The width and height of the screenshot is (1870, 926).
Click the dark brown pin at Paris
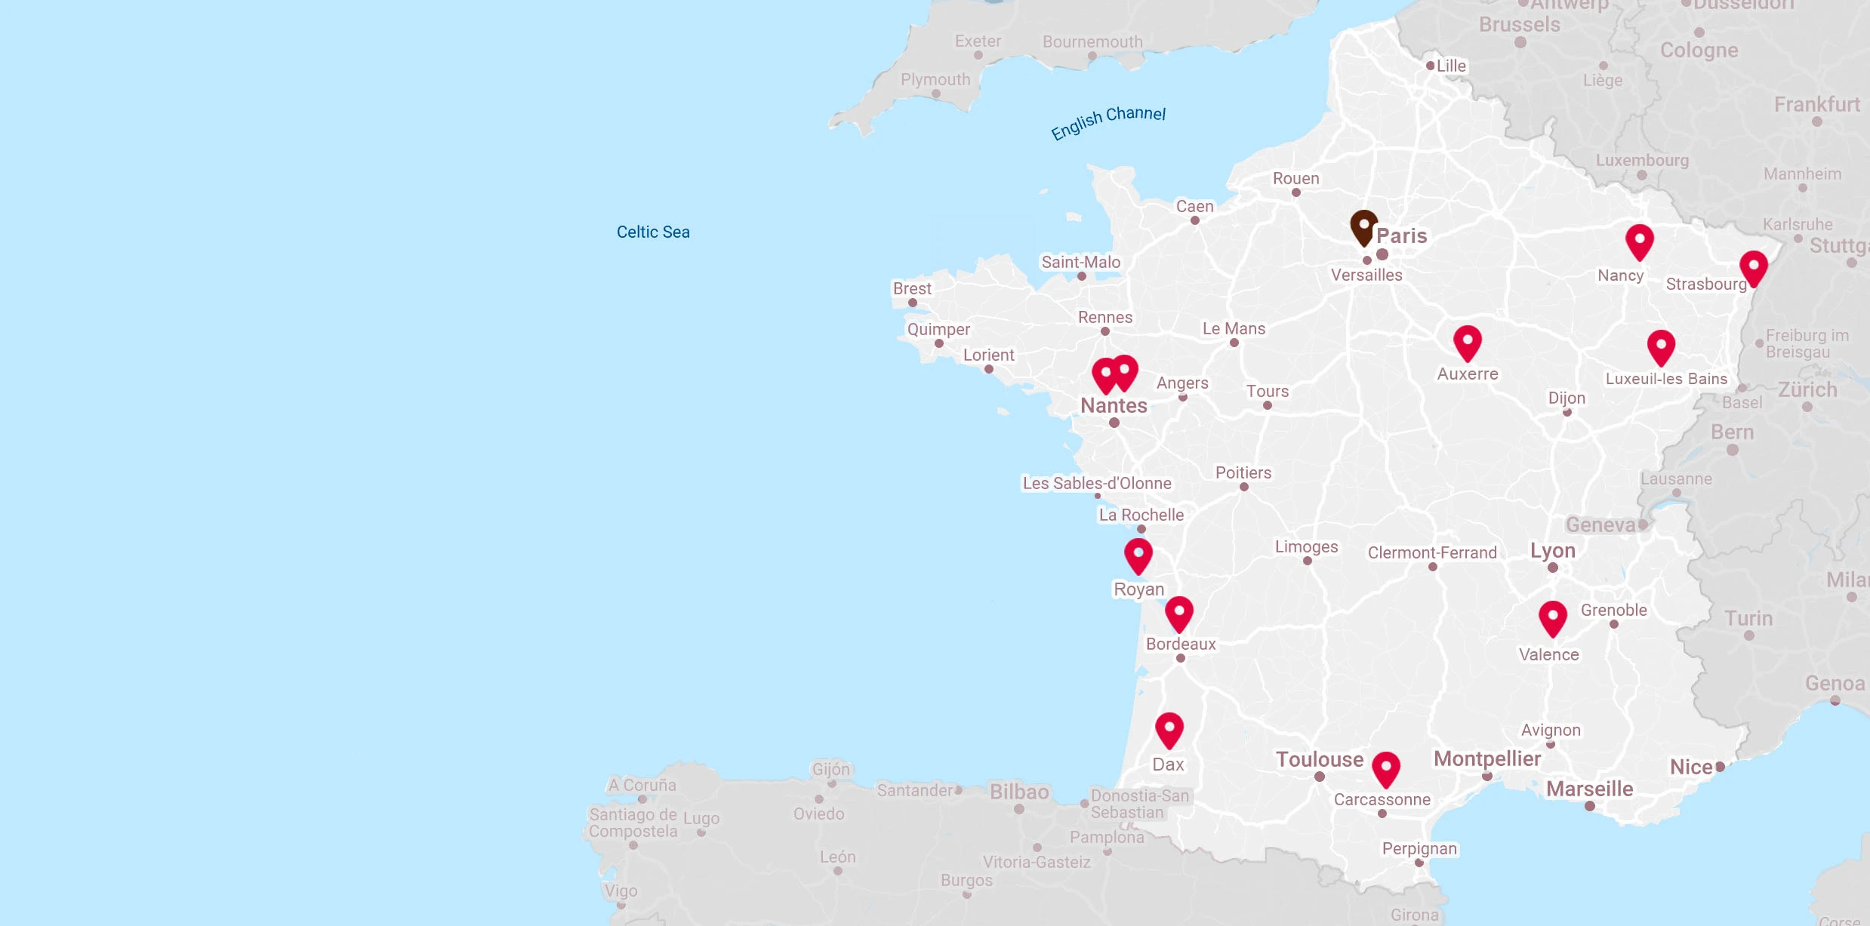pyautogui.click(x=1363, y=226)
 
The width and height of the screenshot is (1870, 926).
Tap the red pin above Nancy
pyautogui.click(x=1639, y=241)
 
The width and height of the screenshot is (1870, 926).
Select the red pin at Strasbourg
pyautogui.click(x=1753, y=267)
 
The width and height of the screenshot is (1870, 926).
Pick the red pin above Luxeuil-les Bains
pyautogui.click(x=1661, y=346)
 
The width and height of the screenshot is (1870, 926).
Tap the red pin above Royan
pyautogui.click(x=1138, y=555)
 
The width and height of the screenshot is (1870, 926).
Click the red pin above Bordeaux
pyautogui.click(x=1178, y=613)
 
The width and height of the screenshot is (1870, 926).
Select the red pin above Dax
pyautogui.click(x=1169, y=729)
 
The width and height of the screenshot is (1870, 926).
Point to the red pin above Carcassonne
pyautogui.click(x=1385, y=768)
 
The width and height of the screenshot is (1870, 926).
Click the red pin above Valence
pyautogui.click(x=1552, y=617)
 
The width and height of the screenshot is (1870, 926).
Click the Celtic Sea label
pyautogui.click(x=653, y=232)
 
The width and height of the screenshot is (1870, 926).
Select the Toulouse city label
pyautogui.click(x=1320, y=759)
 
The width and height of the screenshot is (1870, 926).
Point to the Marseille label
pyautogui.click(x=1589, y=789)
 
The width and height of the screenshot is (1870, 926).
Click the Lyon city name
pyautogui.click(x=1552, y=550)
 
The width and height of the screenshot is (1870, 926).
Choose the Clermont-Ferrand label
pyautogui.click(x=1432, y=552)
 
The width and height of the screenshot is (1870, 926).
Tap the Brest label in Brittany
pyautogui.click(x=912, y=288)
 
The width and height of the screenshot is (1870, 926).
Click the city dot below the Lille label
pyautogui.click(x=1430, y=66)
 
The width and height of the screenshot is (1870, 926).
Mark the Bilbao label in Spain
pyautogui.click(x=1019, y=792)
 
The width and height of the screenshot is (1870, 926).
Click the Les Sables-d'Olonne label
pyautogui.click(x=1097, y=483)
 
